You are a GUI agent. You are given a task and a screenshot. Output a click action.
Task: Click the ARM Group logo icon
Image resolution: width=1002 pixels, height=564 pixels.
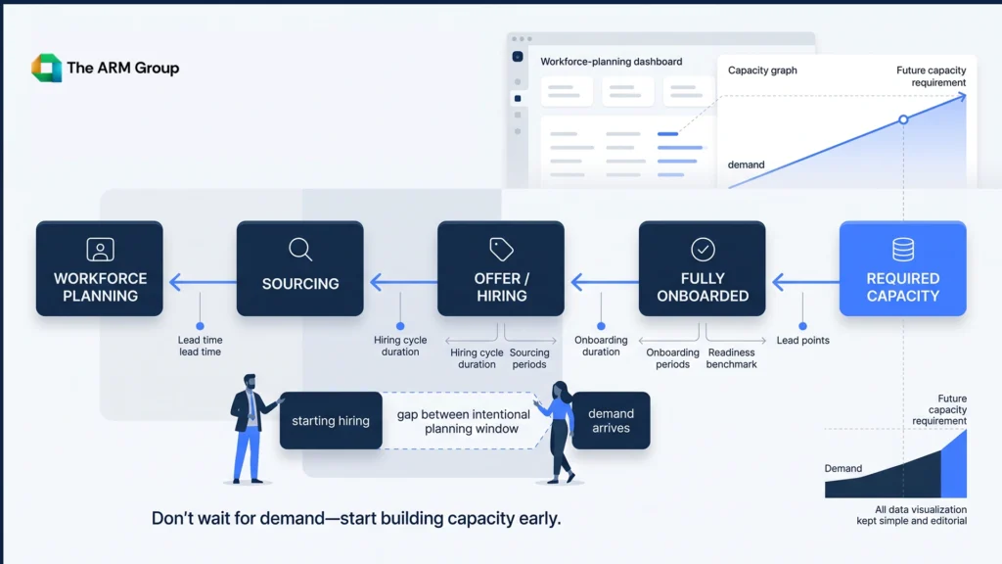point(47,68)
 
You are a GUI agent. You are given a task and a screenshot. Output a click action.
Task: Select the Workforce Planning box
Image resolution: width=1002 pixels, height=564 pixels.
point(100,268)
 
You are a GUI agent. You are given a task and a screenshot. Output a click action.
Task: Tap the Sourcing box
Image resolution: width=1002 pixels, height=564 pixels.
point(300,268)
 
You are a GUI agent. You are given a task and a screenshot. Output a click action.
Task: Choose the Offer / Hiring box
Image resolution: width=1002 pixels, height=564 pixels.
point(501,268)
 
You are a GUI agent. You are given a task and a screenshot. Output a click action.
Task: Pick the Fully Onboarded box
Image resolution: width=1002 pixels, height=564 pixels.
point(703,268)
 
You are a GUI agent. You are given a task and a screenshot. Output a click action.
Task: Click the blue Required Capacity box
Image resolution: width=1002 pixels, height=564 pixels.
point(903,268)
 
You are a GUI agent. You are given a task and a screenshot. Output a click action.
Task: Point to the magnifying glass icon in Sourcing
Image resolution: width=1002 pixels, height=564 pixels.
point(300,250)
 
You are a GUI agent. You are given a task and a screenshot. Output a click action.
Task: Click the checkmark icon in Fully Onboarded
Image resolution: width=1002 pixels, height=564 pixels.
point(703,250)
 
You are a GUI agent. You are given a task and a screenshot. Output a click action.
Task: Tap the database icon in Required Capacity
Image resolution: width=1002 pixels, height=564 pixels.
point(903,250)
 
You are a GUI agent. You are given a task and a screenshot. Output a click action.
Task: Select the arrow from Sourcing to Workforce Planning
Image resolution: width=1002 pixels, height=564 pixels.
point(203,282)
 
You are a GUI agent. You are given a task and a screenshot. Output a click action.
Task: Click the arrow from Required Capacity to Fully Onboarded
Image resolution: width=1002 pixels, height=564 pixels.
point(806,282)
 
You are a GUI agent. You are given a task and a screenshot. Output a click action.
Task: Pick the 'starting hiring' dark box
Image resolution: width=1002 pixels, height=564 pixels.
point(331,421)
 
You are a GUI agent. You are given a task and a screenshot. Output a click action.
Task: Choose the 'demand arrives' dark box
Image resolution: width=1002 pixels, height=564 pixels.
point(611,421)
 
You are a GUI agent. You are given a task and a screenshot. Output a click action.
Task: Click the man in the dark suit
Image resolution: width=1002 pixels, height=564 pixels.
point(250,429)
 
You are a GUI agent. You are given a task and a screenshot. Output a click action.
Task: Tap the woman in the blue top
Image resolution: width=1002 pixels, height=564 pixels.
point(559,432)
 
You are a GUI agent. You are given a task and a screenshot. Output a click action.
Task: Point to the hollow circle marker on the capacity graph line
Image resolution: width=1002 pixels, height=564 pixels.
point(903,119)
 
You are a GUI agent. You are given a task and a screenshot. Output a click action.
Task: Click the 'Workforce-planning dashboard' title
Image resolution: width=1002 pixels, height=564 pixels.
point(612,62)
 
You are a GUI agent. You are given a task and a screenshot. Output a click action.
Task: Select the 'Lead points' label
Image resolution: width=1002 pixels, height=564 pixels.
point(803,340)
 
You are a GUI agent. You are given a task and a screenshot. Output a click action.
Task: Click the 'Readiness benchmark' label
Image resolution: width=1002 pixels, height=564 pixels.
point(732,358)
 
